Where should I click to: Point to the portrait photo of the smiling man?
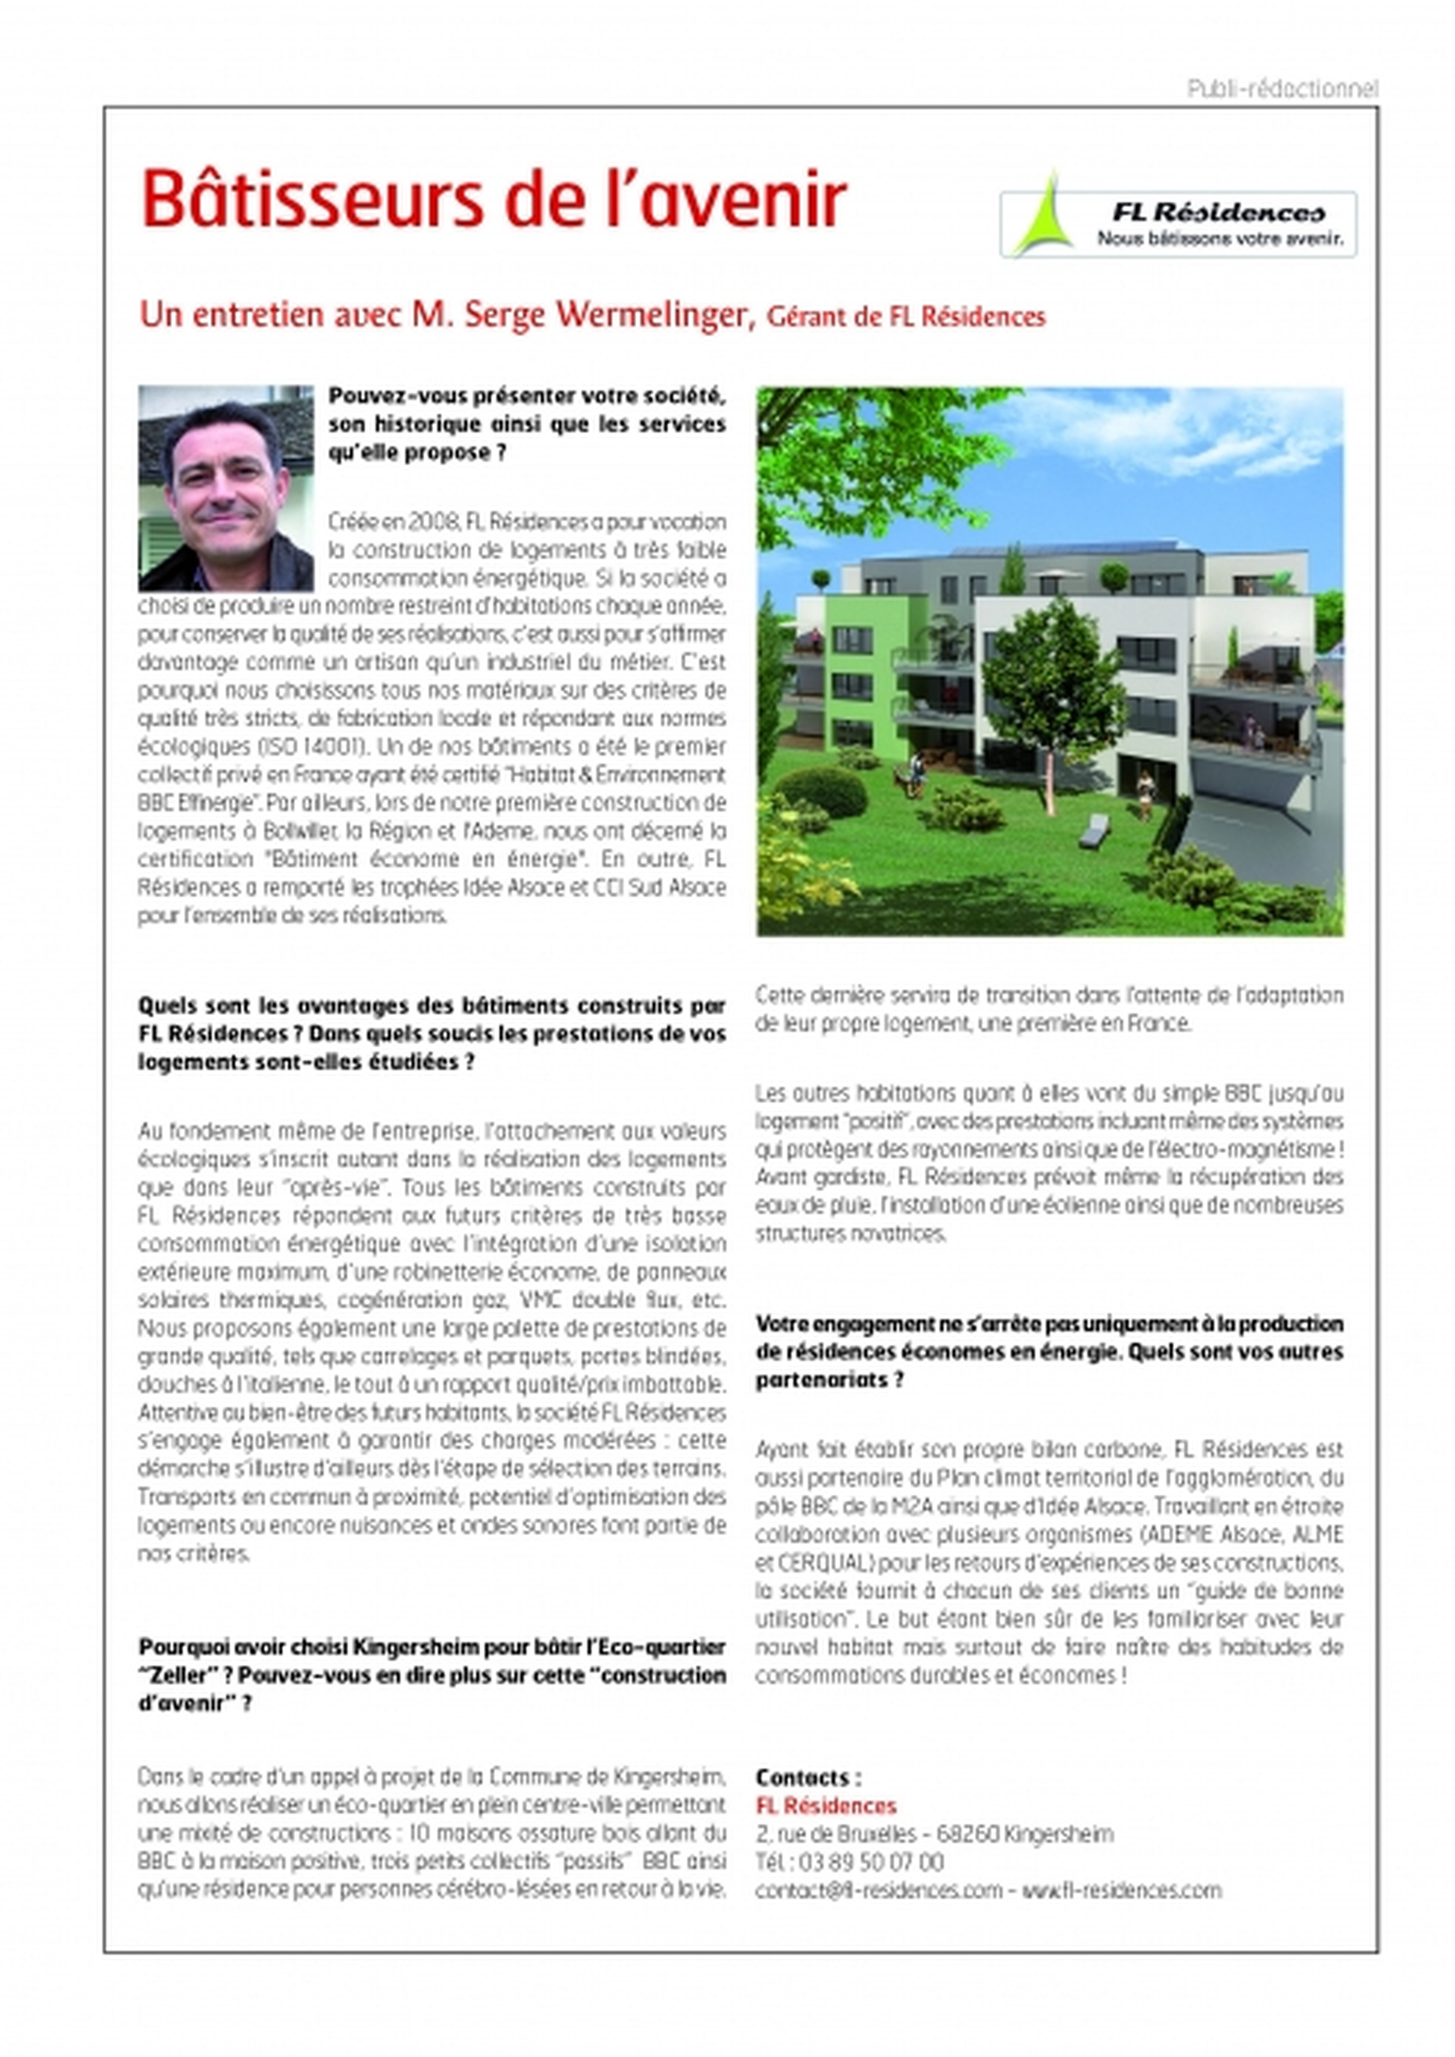pos(226,488)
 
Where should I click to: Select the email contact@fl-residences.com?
pos(878,1889)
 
